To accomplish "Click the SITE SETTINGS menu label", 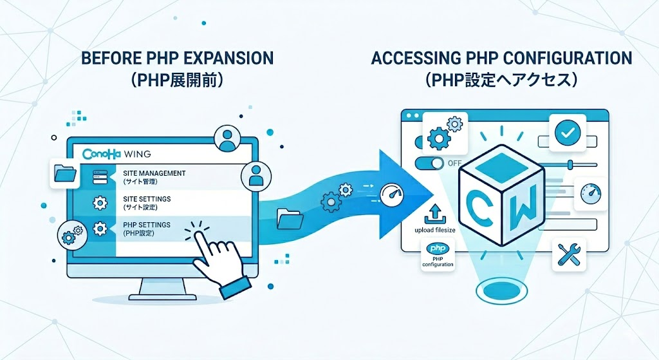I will pos(148,200).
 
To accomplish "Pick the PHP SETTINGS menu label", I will pos(147,224).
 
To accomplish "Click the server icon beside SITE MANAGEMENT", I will pos(100,175).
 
